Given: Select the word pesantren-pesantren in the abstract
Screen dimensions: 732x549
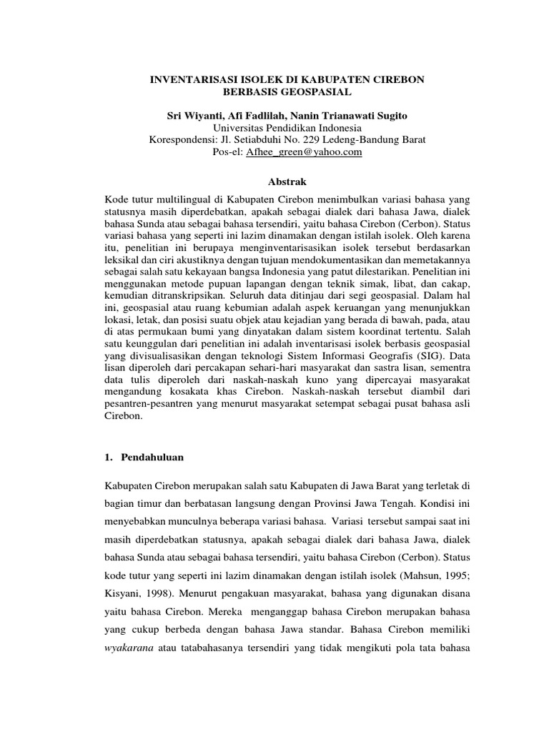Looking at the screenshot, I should pos(149,410).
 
